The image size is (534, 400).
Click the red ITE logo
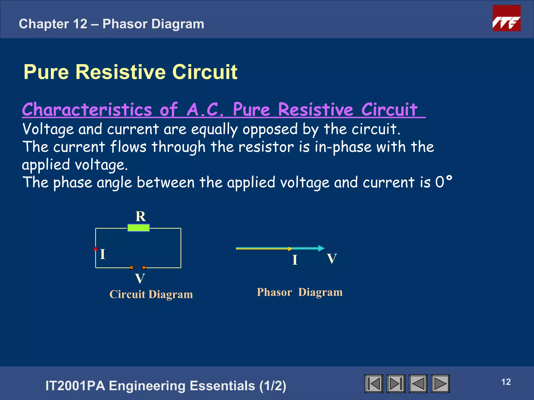tap(506, 18)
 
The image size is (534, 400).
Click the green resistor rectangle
tap(138, 228)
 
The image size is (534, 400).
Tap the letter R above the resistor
tap(141, 216)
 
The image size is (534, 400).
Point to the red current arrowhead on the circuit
tap(96, 248)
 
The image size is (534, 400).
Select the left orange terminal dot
tap(132, 267)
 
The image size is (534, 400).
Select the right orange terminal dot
tap(144, 267)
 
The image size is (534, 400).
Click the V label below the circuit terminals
tap(140, 279)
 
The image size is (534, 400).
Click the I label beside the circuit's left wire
tap(103, 254)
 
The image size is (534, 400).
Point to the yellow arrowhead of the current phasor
tap(290, 249)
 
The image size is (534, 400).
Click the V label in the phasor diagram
tap(332, 259)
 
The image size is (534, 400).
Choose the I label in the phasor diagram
tap(295, 260)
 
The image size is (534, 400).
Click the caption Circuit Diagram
tap(151, 294)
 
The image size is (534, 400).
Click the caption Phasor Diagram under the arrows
tap(300, 292)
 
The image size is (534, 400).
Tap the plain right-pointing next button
tap(440, 384)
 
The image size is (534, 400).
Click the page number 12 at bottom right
tap(506, 382)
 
